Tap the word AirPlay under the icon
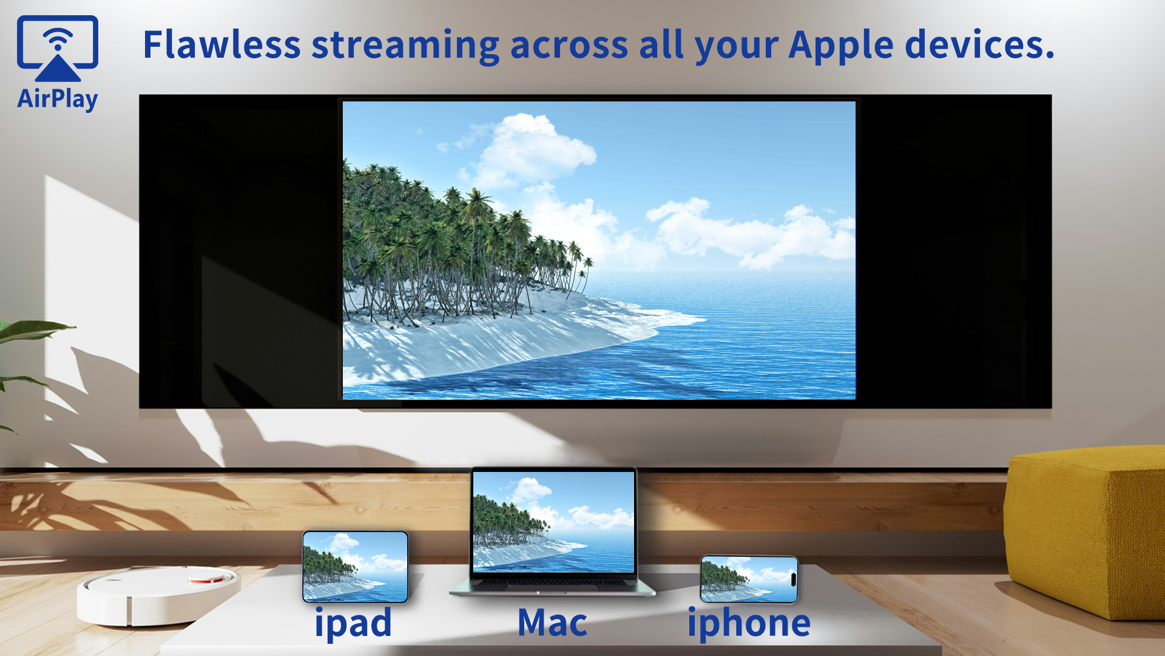[58, 99]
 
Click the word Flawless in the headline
[221, 45]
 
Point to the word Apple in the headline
[840, 46]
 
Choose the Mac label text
[552, 623]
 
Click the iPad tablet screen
[356, 566]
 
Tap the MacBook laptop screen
[553, 521]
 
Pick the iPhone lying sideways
[749, 579]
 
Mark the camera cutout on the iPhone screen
[793, 578]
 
